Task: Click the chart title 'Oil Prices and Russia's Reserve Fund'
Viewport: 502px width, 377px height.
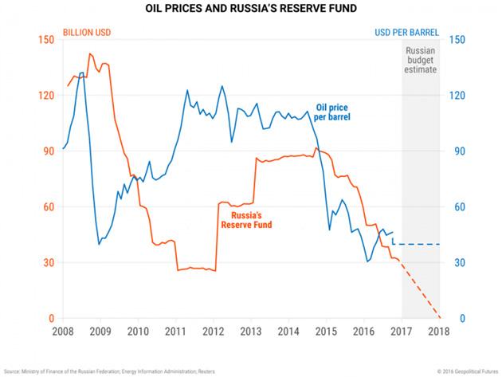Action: click(x=250, y=10)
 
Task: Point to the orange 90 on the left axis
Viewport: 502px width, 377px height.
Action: click(x=48, y=151)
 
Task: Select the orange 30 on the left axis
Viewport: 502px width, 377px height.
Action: click(x=48, y=263)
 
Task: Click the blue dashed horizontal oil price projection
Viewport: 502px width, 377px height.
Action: click(x=418, y=244)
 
